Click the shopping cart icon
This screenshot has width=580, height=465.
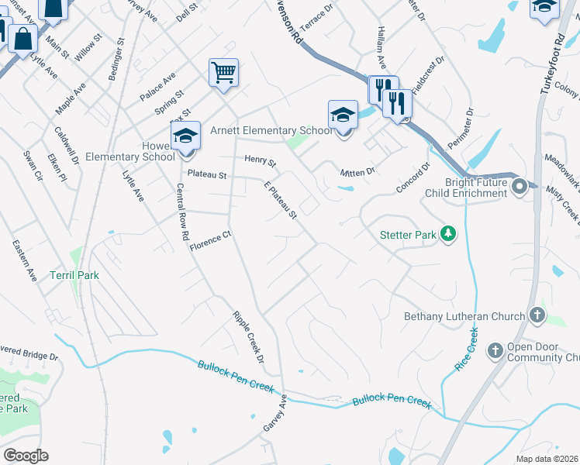223,74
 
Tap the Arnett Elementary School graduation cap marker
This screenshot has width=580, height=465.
343,115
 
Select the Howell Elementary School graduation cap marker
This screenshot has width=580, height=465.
185,136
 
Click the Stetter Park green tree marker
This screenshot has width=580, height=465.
447,232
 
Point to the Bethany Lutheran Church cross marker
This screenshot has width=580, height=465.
537,315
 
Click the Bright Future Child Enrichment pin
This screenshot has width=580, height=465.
520,185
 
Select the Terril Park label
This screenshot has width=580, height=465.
74,274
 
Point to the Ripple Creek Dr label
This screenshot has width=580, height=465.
249,334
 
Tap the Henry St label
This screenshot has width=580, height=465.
261,160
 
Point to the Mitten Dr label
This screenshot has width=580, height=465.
357,171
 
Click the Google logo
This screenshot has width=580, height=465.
26,456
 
